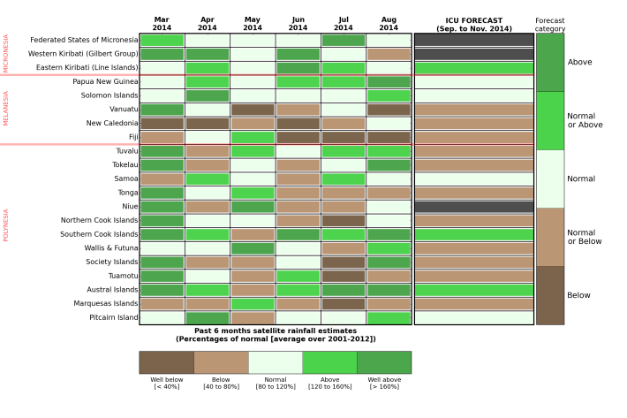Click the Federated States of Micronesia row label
pyautogui.click(x=84, y=40)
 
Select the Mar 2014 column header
pyautogui.click(x=162, y=23)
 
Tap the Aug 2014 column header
pyautogui.click(x=389, y=23)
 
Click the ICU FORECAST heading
pyautogui.click(x=473, y=23)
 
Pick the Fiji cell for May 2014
pyautogui.click(x=253, y=137)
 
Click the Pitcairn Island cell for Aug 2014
pyautogui.click(x=389, y=317)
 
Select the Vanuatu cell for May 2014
pyautogui.click(x=253, y=110)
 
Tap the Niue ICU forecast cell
pyautogui.click(x=473, y=207)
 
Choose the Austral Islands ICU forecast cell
pyautogui.click(x=473, y=290)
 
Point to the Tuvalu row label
pyautogui.click(x=122, y=151)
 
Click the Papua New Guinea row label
pyautogui.click(x=105, y=81)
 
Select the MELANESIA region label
pyautogui.click(x=6, y=109)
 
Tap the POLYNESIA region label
pyautogui.click(x=6, y=225)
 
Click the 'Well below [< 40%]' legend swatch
pyautogui.click(x=166, y=362)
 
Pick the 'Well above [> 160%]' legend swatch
pyautogui.click(x=383, y=362)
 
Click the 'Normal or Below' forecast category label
pyautogui.click(x=581, y=237)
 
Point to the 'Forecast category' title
pyautogui.click(x=549, y=24)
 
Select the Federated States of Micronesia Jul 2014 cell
pyautogui.click(x=344, y=40)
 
